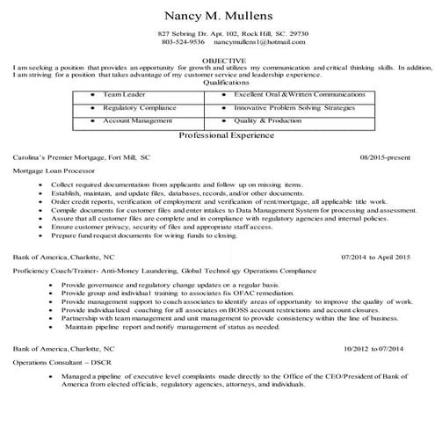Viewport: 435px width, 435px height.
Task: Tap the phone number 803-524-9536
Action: click(x=183, y=42)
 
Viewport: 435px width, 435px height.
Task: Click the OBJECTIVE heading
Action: click(x=216, y=59)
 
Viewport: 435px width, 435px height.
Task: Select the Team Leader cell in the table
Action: click(x=123, y=92)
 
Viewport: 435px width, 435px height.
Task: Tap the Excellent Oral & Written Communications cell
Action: click(x=294, y=92)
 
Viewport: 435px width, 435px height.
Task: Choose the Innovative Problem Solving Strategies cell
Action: click(x=294, y=106)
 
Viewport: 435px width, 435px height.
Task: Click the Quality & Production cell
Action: click(x=268, y=120)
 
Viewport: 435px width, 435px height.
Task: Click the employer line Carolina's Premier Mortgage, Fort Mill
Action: click(x=82, y=156)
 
